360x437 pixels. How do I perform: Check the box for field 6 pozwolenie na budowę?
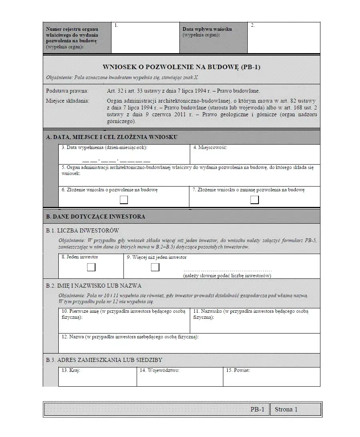[x=124, y=200]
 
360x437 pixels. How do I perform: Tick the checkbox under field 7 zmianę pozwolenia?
[x=255, y=200]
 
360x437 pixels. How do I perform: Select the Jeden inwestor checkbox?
[x=91, y=267]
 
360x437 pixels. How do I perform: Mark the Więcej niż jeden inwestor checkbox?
[x=155, y=267]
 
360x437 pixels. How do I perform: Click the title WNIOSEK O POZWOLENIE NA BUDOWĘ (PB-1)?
[x=181, y=67]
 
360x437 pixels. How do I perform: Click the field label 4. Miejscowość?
[x=210, y=147]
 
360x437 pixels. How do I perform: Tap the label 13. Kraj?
[x=71, y=370]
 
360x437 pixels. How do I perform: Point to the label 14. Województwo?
[x=159, y=370]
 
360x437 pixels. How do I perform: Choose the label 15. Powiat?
[x=238, y=370]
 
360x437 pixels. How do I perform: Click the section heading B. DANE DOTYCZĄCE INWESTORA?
[x=95, y=217]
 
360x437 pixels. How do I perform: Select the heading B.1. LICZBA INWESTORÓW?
[x=82, y=230]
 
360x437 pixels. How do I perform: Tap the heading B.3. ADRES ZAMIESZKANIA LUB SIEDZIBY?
[x=104, y=360]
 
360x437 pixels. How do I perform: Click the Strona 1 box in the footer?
[x=296, y=409]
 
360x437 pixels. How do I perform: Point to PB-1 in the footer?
[x=257, y=409]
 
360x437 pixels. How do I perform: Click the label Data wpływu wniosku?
[x=207, y=29]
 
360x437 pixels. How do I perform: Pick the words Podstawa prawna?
[x=67, y=91]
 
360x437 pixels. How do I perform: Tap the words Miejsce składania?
[x=68, y=101]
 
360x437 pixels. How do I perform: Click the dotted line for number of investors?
[x=227, y=270]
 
